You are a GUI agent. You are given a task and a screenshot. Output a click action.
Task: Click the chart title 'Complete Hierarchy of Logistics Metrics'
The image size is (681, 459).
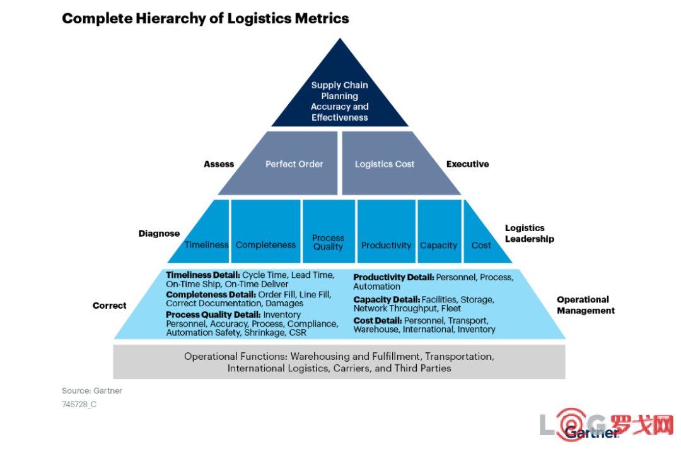(206, 18)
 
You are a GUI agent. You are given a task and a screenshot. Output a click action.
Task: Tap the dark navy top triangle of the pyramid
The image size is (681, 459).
(340, 96)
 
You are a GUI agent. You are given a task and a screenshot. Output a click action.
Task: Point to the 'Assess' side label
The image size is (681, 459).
(219, 164)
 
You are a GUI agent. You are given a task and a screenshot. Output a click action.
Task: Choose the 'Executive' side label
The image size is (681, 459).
(468, 164)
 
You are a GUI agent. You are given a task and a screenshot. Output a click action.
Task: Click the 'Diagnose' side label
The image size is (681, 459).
(159, 234)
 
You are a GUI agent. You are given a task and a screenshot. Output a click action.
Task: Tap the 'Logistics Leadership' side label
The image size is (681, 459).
(530, 233)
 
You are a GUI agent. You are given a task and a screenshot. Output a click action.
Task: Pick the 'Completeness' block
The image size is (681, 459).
(266, 232)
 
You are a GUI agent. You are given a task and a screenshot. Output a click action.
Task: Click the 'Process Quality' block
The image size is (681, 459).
(329, 232)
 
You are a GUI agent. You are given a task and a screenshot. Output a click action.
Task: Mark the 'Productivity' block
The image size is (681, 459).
(386, 232)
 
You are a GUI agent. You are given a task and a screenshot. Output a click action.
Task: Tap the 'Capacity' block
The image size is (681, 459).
(439, 232)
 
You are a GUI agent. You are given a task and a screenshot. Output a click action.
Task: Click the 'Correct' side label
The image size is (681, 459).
(110, 306)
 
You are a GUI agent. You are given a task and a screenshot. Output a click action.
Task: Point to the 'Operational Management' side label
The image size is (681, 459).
(586, 305)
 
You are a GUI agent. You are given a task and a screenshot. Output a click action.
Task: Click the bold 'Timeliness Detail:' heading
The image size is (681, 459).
(203, 275)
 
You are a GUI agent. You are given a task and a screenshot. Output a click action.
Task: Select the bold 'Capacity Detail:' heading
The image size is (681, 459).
(387, 300)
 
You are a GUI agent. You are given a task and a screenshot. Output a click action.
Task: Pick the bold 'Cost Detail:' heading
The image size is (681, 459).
(378, 321)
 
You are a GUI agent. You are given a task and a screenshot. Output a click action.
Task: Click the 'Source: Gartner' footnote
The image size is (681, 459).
(92, 391)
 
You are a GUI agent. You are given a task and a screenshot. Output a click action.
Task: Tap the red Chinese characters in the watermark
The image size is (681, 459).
(643, 425)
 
